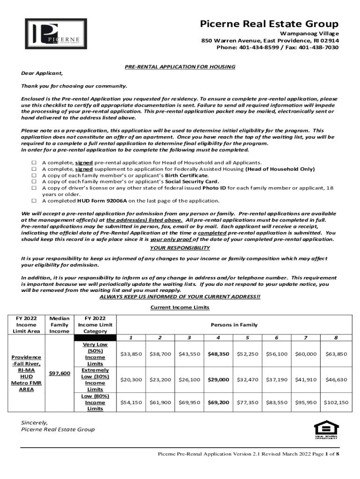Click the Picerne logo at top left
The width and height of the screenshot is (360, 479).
[56, 34]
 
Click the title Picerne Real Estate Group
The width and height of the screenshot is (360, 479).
[269, 24]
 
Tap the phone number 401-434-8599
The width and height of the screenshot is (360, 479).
[257, 48]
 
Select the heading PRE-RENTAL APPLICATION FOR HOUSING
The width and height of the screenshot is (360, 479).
[180, 67]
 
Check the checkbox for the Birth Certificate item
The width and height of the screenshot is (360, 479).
[34, 175]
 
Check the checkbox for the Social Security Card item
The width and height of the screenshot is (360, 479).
[34, 181]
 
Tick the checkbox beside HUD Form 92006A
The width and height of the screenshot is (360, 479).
[34, 201]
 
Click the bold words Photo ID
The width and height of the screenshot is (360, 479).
[214, 188]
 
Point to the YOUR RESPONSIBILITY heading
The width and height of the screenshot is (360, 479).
[180, 248]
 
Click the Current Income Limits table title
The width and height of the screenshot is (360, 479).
[180, 307]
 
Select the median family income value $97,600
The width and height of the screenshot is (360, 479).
[59, 373]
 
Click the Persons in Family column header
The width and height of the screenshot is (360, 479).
[234, 325]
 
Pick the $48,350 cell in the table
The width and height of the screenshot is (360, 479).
[218, 354]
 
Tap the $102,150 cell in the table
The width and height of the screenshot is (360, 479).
[336, 402]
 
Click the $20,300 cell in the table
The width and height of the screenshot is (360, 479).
[131, 380]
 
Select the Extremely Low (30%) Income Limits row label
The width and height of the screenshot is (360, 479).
[95, 380]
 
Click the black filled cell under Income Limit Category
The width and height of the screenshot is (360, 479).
[95, 338]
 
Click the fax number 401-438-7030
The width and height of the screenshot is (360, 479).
[319, 48]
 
